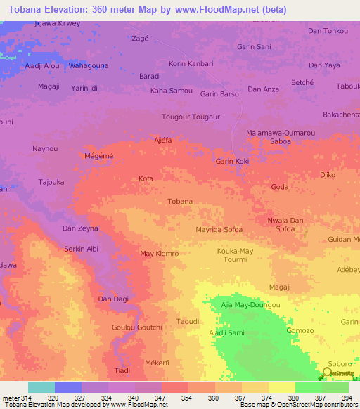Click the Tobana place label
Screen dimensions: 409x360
[180, 202]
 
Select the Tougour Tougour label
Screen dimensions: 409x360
[191, 117]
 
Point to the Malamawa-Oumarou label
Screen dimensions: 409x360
[281, 133]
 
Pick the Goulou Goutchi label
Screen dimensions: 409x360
[137, 327]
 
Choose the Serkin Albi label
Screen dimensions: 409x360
[82, 249]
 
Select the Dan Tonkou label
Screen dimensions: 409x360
[328, 31]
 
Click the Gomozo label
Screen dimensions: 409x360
[300, 330]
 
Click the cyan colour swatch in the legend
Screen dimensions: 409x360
[41, 387]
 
